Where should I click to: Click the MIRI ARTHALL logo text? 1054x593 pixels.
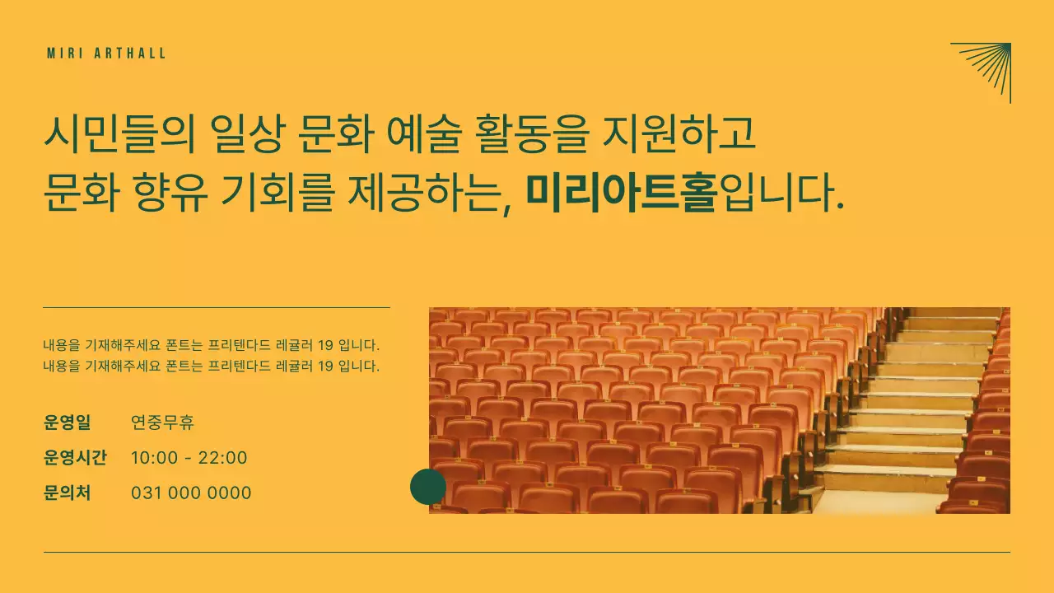click(106, 54)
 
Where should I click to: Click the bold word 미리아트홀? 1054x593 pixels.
click(622, 192)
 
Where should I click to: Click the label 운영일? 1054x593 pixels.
click(67, 423)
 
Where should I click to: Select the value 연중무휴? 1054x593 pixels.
click(162, 423)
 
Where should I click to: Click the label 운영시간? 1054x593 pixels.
click(75, 458)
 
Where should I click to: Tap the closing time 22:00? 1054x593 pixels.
click(222, 458)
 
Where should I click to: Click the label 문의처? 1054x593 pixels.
click(67, 493)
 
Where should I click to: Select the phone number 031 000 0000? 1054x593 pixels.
click(191, 493)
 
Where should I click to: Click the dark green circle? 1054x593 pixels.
click(428, 487)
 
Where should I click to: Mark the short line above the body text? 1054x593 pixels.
click(216, 307)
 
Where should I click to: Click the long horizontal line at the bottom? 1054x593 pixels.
click(526, 552)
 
